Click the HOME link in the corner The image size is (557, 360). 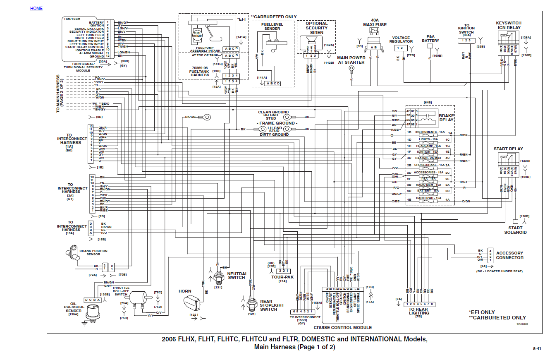pyautogui.click(x=36, y=8)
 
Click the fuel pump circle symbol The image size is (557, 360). pyautogui.click(x=197, y=35)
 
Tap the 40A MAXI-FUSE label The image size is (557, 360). pyautogui.click(x=375, y=22)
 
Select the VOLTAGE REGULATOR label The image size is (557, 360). pyautogui.click(x=401, y=39)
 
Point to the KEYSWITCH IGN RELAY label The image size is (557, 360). pyautogui.click(x=509, y=25)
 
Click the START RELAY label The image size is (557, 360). pyautogui.click(x=508, y=149)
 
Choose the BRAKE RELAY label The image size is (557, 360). pyautogui.click(x=446, y=118)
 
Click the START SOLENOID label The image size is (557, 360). pyautogui.click(x=515, y=230)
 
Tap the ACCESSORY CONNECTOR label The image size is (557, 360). pyautogui.click(x=509, y=255)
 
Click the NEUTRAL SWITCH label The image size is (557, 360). pyautogui.click(x=237, y=276)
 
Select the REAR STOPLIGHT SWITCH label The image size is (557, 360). pyautogui.click(x=272, y=305)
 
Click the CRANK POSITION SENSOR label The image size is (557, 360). pyautogui.click(x=93, y=252)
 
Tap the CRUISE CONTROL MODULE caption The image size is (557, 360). pyautogui.click(x=342, y=328)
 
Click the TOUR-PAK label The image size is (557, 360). pyautogui.click(x=282, y=277)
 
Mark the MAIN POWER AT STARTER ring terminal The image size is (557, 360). pyautogui.click(x=351, y=68)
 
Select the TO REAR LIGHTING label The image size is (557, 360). pyautogui.click(x=418, y=311)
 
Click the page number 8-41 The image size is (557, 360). pyautogui.click(x=537, y=349)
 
